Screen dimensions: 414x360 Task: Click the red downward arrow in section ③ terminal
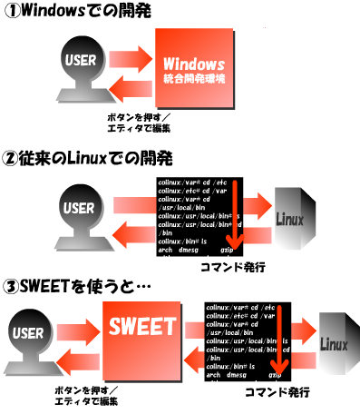pos(278,340)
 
